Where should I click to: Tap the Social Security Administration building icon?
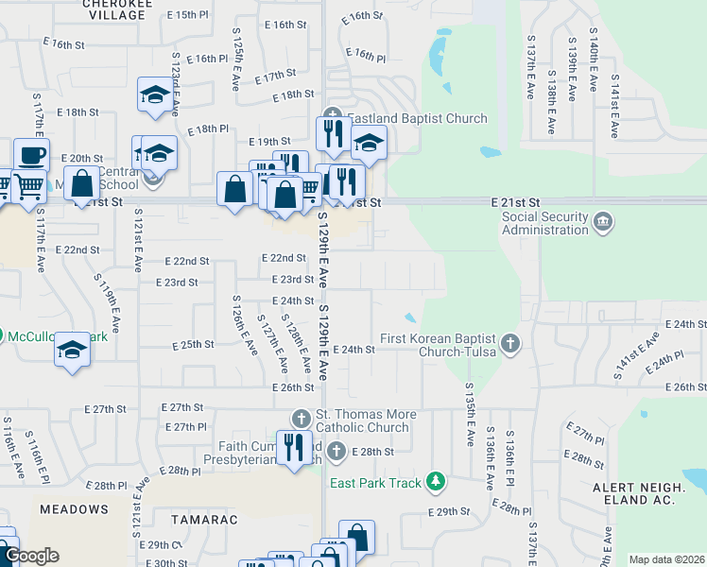click(x=603, y=224)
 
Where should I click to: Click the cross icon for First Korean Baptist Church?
click(x=510, y=343)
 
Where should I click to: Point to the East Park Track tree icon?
click(x=435, y=482)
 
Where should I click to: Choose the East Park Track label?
click(x=375, y=483)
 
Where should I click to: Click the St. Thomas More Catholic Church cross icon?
click(x=301, y=419)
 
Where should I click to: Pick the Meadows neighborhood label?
click(x=74, y=509)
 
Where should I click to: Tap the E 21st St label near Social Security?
click(x=515, y=203)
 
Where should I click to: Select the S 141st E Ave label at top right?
click(x=615, y=100)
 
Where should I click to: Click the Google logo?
click(x=31, y=556)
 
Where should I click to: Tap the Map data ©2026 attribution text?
click(x=665, y=559)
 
